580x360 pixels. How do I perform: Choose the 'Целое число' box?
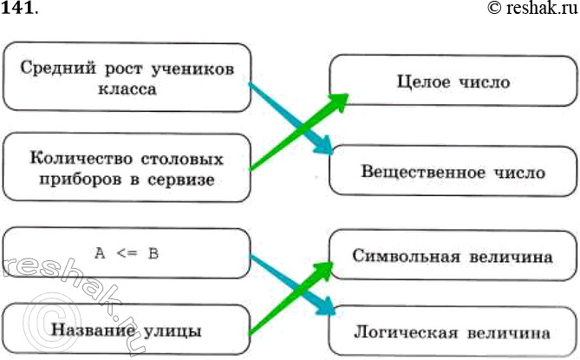(x=452, y=83)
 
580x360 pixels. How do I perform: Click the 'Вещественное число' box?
(x=452, y=172)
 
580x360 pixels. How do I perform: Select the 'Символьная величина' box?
(x=452, y=256)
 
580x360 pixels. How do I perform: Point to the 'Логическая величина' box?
(x=452, y=331)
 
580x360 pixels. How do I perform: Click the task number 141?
(x=19, y=10)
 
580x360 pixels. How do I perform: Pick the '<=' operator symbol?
(x=126, y=254)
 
